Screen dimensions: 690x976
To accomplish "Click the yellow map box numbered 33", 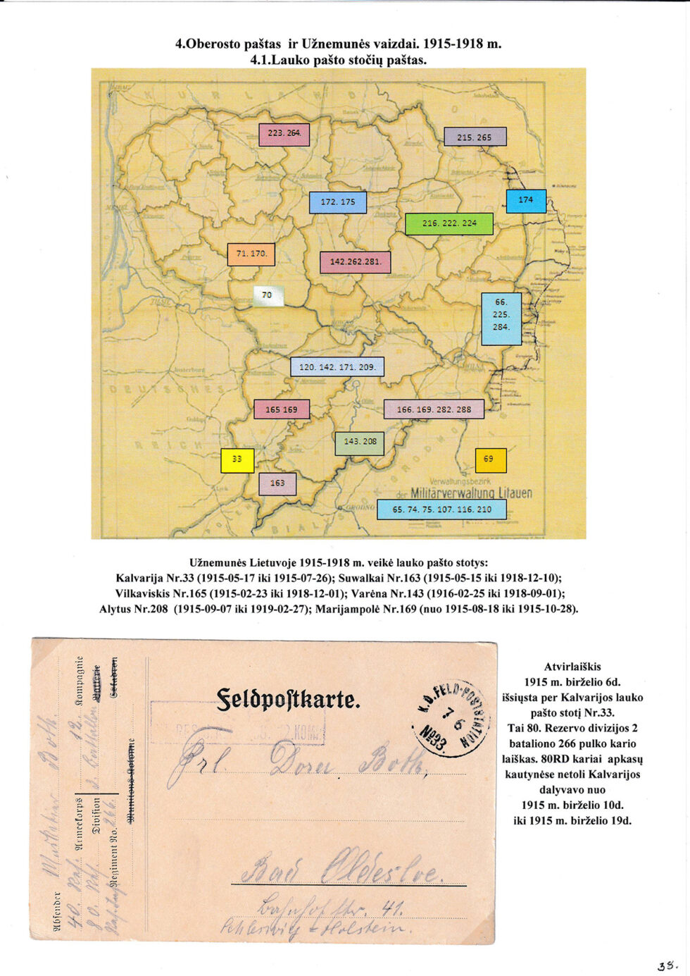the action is pos(237,459).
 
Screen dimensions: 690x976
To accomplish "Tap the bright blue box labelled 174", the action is pos(526,201).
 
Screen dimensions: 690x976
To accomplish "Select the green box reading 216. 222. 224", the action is pos(449,223).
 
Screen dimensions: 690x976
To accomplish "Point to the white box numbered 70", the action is pos(268,295).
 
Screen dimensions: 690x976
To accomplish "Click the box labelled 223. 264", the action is pos(284,134).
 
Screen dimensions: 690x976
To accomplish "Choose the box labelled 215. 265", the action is pos(475,137).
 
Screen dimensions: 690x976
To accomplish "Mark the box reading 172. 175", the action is pos(338,202).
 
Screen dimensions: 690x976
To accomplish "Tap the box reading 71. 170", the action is pos(251,254).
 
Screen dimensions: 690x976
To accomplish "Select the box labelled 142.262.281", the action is pos(355,262).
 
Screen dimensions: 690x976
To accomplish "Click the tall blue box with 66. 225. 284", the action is pos(501,318).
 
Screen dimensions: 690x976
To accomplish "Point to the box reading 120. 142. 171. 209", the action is pos(337,367).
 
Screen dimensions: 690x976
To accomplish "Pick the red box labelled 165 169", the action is pos(282,409).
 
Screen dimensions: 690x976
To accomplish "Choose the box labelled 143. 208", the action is pos(359,443).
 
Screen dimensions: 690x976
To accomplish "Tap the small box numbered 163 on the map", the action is pos(277,483).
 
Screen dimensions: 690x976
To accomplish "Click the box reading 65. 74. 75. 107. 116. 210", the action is pos(441,509).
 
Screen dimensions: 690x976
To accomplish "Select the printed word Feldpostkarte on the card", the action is pos(288,700).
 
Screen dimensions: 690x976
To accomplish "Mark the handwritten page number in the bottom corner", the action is pos(666,965).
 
